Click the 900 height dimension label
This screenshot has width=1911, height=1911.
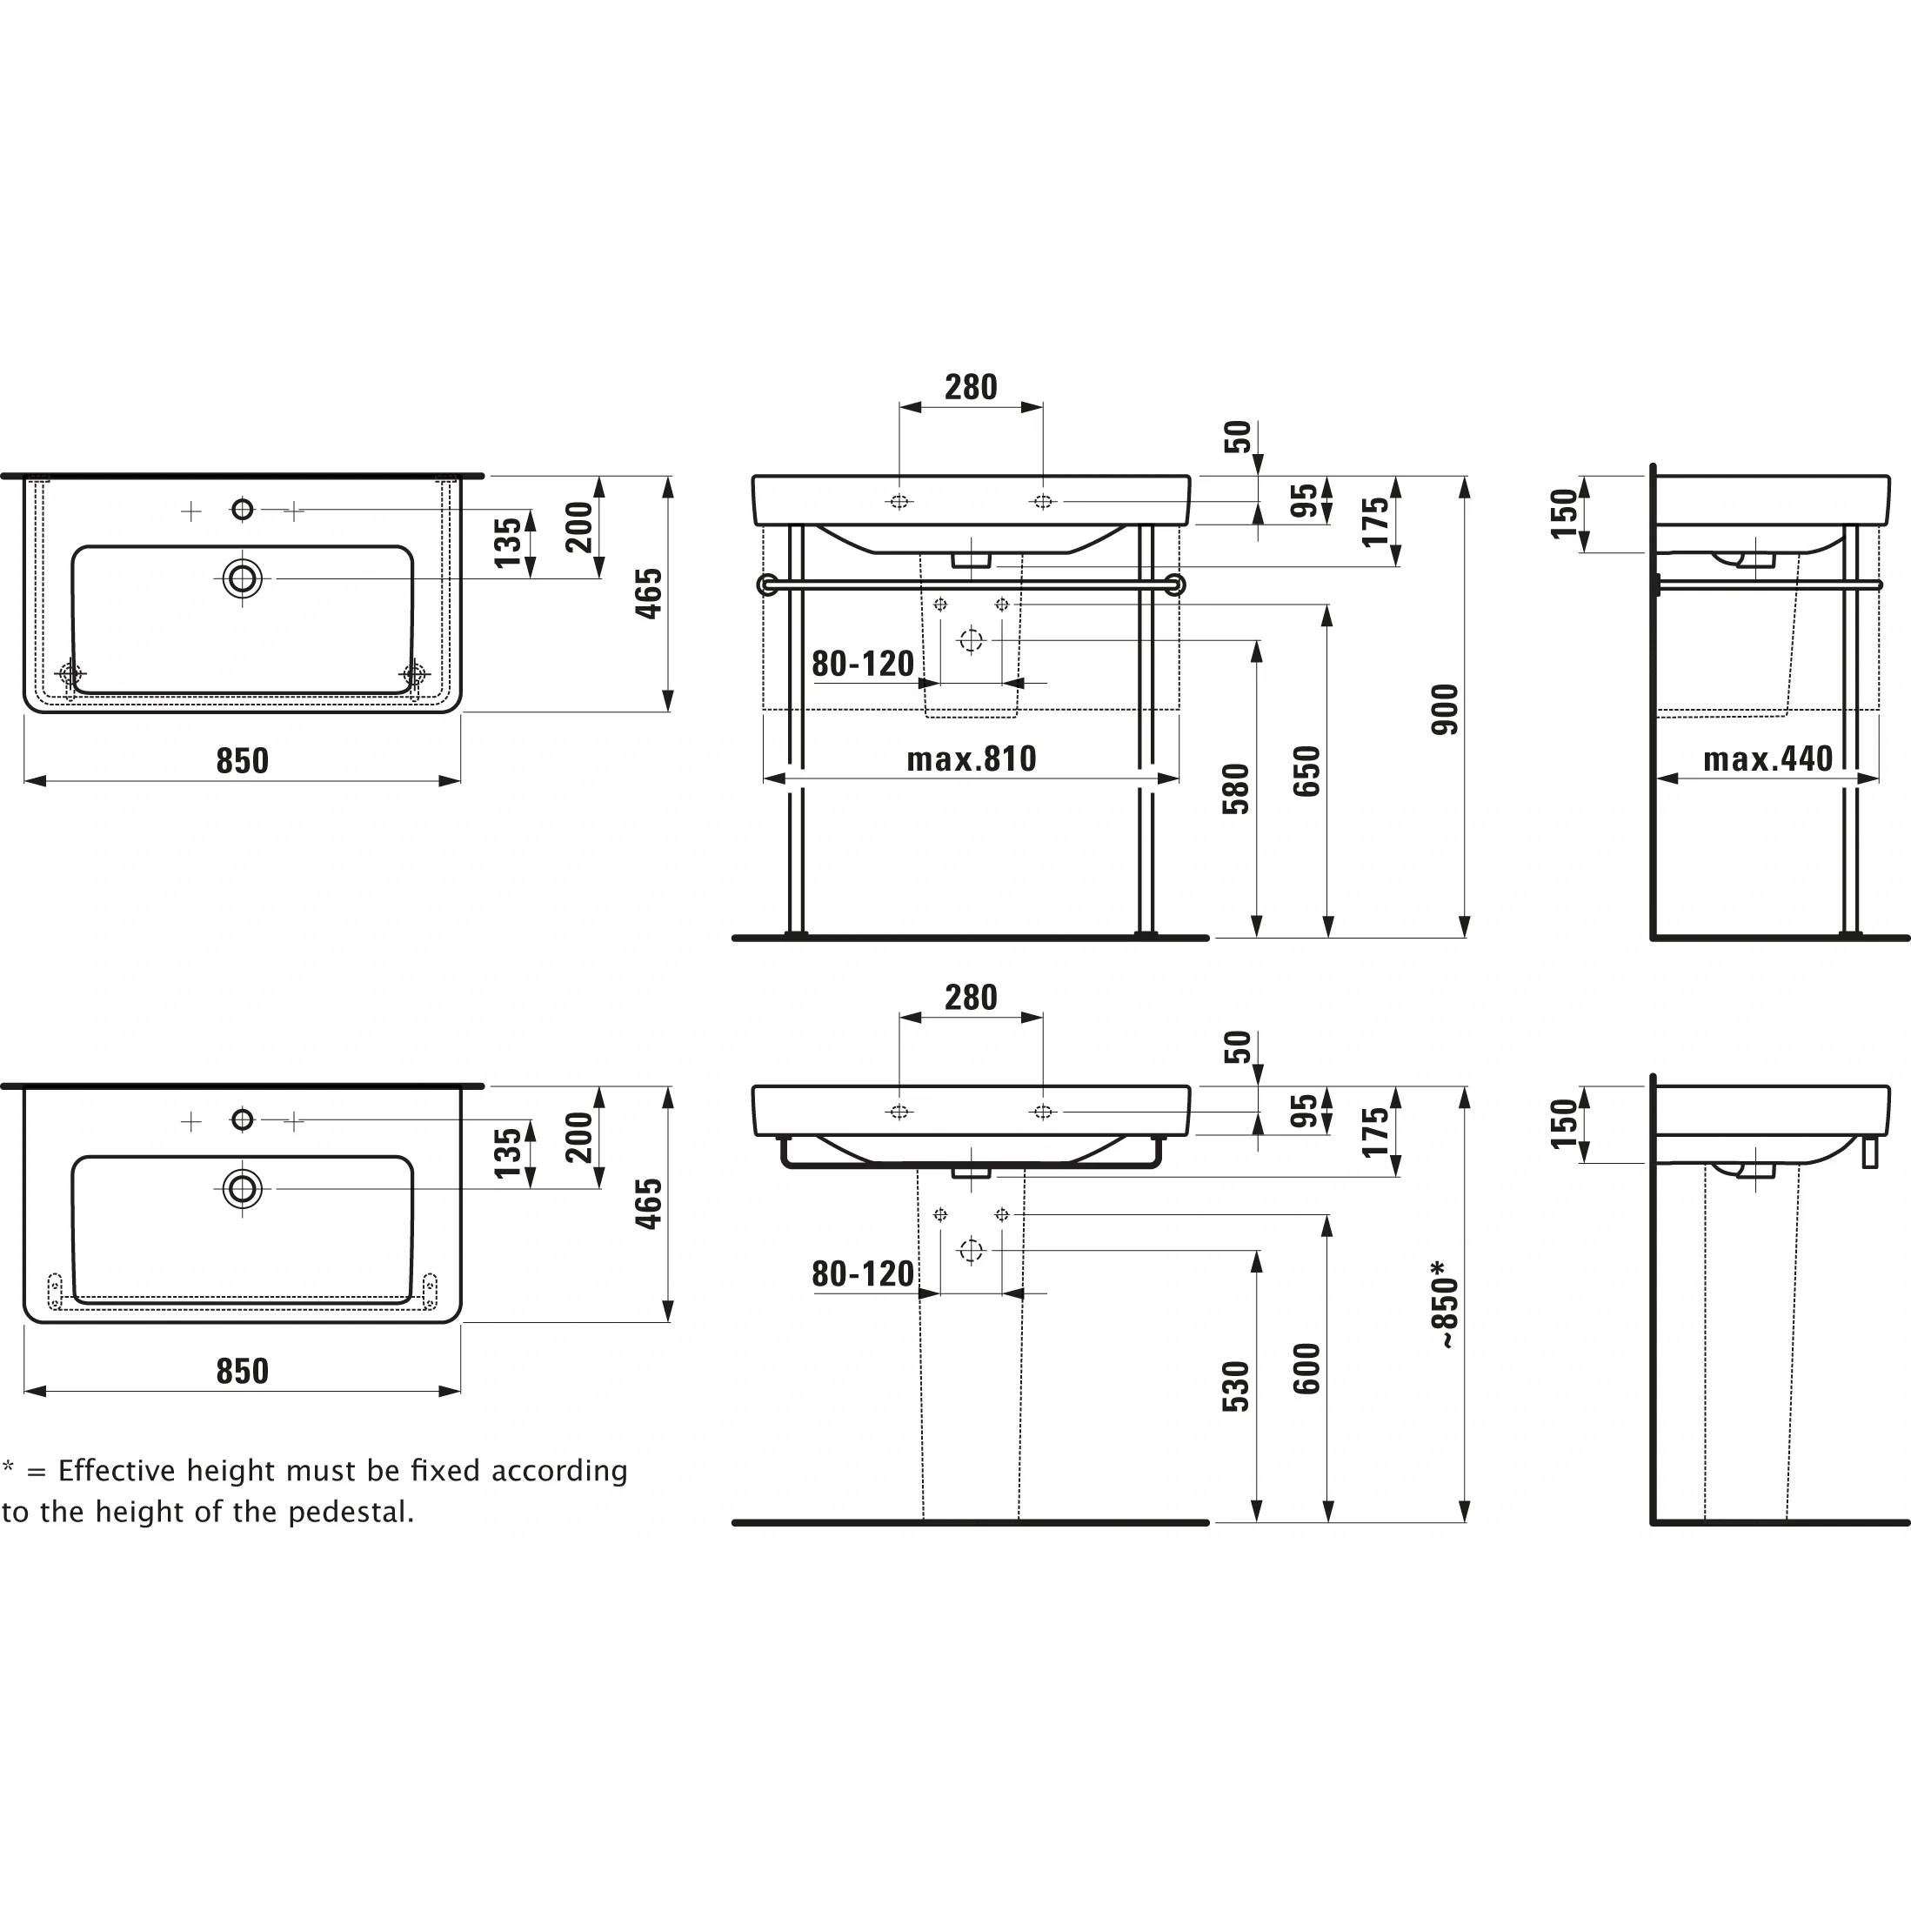point(1445,708)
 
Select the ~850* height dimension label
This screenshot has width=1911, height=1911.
point(1445,1305)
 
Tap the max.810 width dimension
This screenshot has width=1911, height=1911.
point(972,758)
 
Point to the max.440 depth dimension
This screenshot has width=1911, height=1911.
point(1767,758)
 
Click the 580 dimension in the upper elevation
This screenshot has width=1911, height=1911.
point(1236,788)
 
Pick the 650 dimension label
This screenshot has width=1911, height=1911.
point(1306,772)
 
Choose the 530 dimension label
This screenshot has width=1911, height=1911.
point(1236,1386)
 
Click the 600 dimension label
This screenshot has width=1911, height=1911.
point(1306,1369)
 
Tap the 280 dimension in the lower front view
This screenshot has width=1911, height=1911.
point(971,997)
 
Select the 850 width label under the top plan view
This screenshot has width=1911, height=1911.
point(243,760)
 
